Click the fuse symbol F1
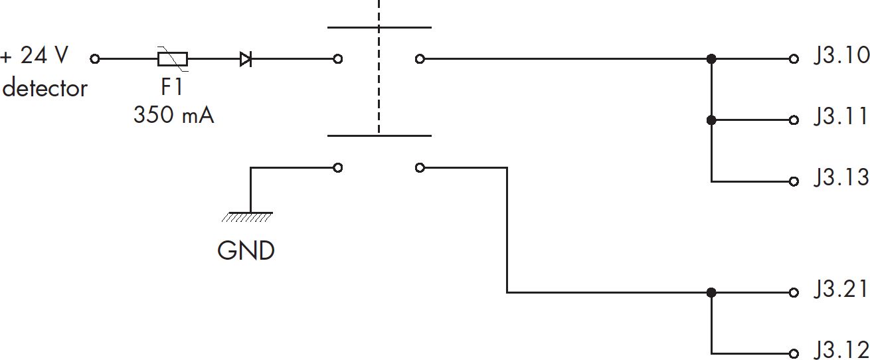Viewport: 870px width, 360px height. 173,59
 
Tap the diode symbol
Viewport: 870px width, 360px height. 246,59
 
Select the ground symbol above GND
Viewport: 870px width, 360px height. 248,217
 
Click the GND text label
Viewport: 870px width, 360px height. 246,250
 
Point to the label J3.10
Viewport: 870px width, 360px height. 841,55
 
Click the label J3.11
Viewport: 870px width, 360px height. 841,116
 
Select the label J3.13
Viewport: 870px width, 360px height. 841,177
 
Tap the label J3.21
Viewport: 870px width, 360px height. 841,288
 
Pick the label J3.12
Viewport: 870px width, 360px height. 841,349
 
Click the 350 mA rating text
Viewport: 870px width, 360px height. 173,115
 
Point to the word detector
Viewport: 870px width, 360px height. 44,88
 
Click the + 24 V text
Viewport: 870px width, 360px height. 35,55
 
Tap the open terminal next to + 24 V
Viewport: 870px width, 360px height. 95,59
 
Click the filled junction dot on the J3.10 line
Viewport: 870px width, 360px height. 711,59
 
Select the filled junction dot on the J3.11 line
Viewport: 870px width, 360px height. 711,120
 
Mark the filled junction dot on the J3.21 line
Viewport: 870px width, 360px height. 711,292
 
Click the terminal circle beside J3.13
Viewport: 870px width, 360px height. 794,181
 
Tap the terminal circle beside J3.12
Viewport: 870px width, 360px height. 794,354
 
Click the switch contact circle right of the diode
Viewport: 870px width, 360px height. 338,59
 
